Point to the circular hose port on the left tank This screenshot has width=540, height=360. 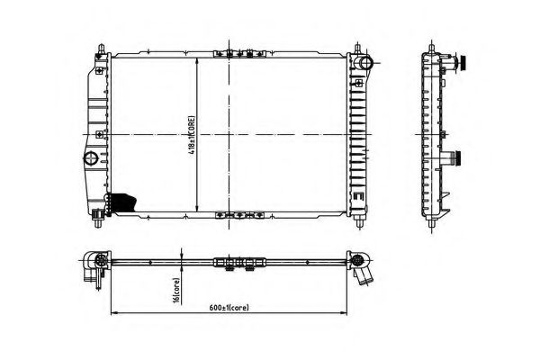(91, 160)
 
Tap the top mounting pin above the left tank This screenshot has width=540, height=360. (98, 47)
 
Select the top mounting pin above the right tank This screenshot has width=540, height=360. (358, 47)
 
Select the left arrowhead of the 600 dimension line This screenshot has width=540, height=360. (113, 313)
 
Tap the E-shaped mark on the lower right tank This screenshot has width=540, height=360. (357, 195)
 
